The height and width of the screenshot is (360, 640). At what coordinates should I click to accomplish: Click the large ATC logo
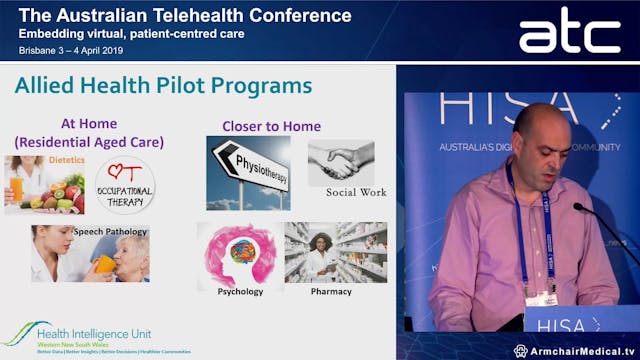569,33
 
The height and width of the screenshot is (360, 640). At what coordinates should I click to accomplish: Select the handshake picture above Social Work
340,162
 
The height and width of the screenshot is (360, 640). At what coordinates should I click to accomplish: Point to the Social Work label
356,192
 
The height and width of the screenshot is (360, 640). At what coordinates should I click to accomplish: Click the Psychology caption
240,292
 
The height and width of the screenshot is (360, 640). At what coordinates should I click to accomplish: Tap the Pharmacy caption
330,292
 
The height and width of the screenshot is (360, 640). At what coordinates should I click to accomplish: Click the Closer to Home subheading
271,126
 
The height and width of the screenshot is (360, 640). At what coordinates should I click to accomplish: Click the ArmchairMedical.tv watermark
576,350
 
